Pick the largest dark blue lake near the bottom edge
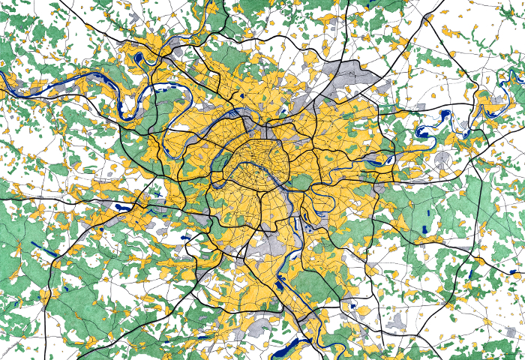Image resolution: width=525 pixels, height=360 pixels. click(285, 347)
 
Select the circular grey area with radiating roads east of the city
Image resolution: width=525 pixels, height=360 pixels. click(443, 160)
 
